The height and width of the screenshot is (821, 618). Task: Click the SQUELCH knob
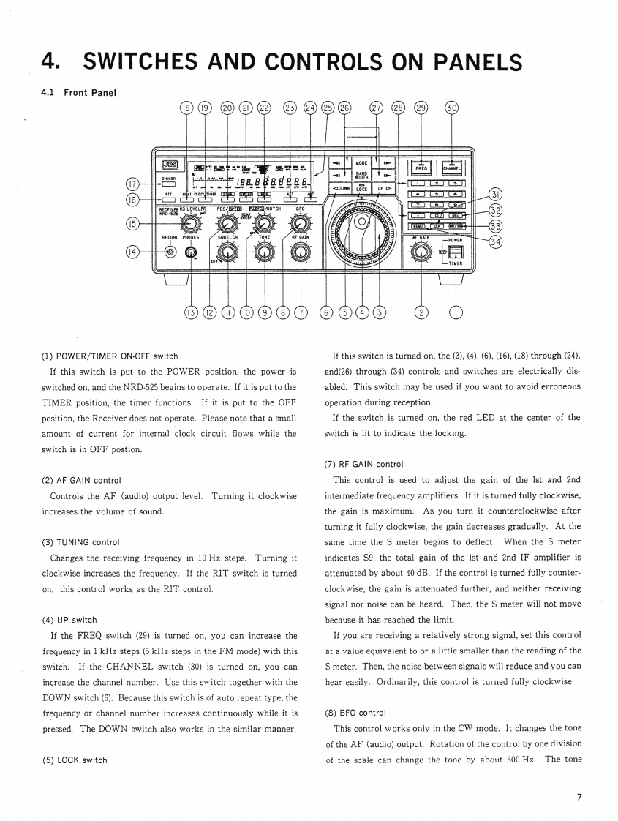pos(227,252)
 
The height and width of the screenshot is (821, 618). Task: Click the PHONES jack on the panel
pos(192,253)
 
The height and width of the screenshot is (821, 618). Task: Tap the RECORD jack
pos(170,252)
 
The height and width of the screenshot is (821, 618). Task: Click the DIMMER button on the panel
pos(170,182)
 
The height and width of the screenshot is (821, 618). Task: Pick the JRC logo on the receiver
pos(169,165)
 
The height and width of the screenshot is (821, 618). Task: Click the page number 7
pos(579,796)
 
